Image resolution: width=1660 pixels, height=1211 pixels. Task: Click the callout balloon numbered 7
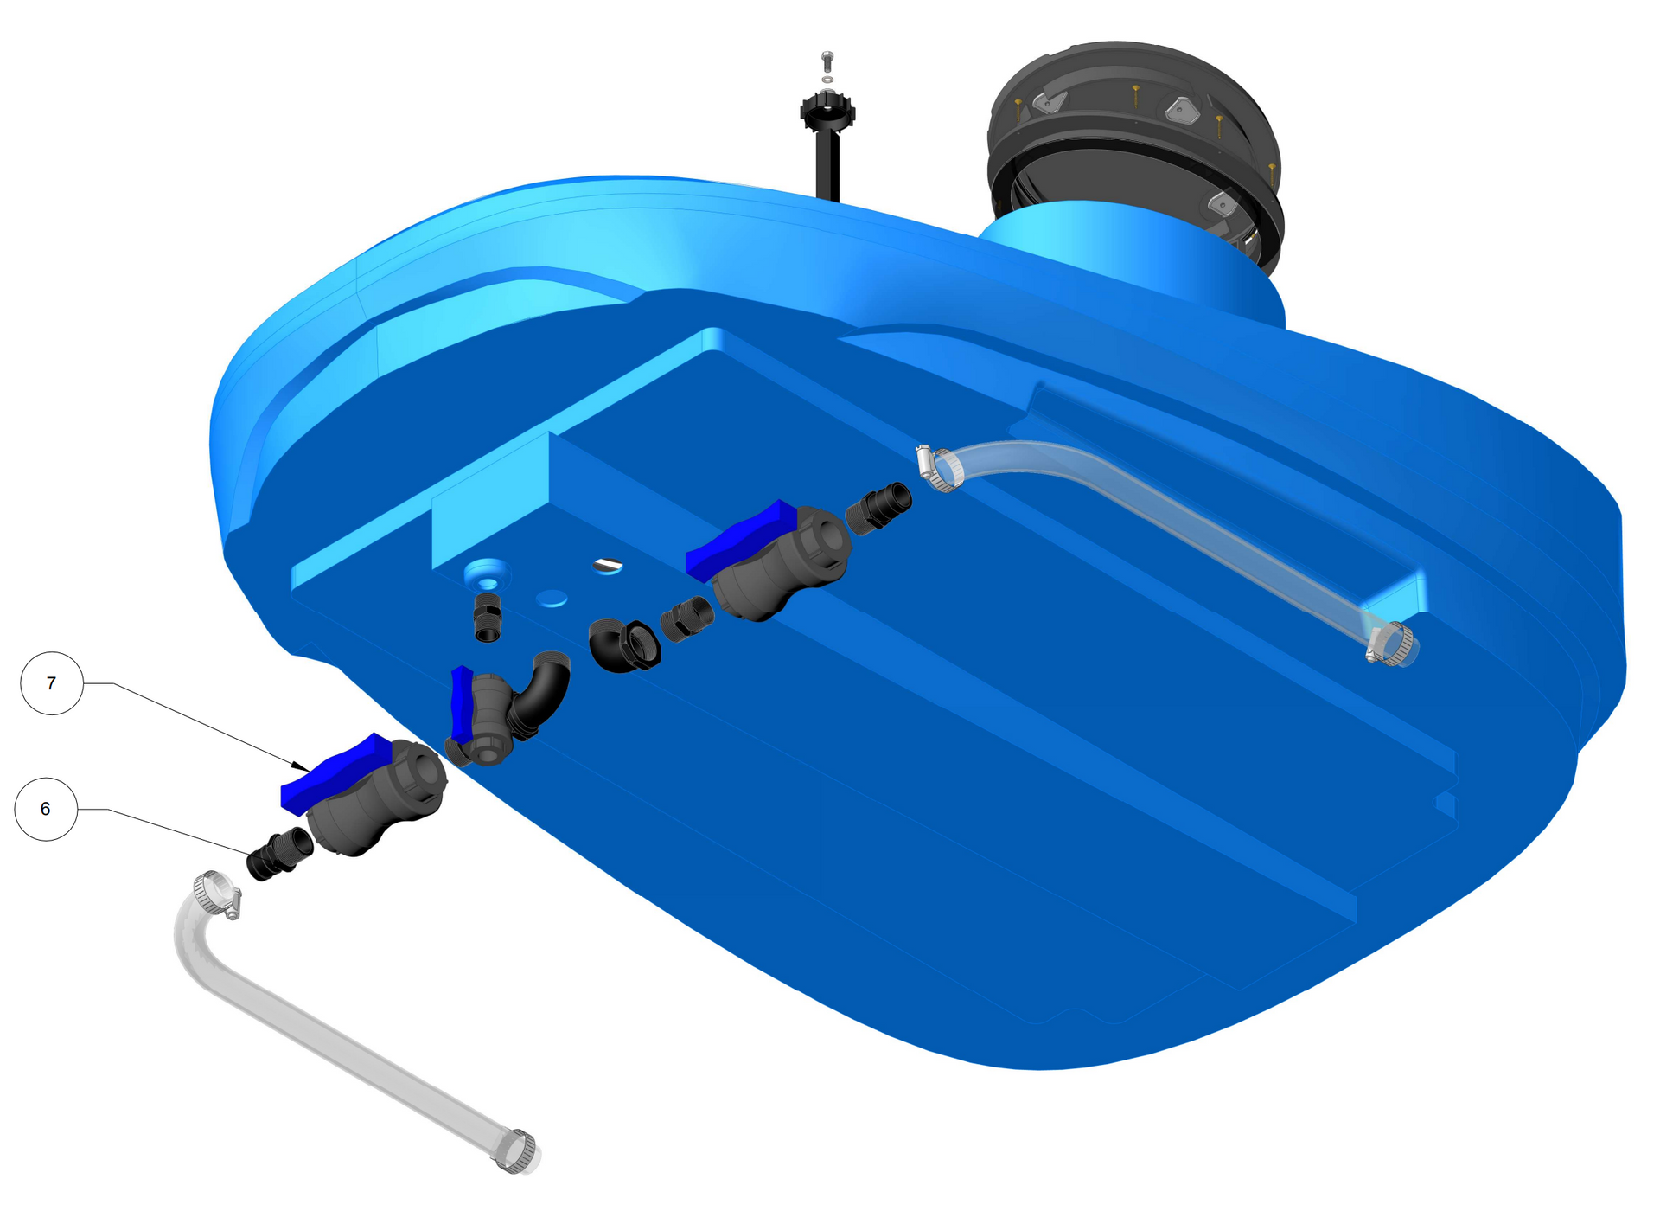(x=52, y=683)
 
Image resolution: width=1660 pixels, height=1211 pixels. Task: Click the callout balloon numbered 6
(x=46, y=809)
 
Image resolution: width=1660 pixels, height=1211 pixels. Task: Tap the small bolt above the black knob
(x=827, y=61)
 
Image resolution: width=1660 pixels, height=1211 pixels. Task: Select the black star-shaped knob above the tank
(x=827, y=112)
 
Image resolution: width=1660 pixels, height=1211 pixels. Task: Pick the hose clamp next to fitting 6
(x=217, y=894)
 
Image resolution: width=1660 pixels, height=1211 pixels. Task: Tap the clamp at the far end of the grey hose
(x=516, y=1151)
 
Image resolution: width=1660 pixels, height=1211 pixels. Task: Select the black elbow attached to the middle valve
(x=541, y=692)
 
